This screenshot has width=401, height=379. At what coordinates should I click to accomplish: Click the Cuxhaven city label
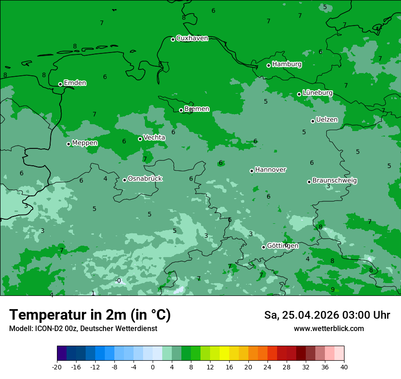(192, 38)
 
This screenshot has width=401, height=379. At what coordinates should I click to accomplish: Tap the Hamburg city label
(287, 64)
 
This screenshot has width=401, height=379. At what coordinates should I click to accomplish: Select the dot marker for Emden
(60, 84)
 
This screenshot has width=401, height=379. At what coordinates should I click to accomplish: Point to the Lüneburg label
(317, 93)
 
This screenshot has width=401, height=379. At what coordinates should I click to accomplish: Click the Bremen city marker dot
(181, 110)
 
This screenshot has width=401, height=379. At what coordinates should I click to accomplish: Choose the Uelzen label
(327, 120)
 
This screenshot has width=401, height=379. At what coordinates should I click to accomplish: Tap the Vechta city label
(154, 137)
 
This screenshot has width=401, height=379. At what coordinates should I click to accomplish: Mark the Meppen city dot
(68, 144)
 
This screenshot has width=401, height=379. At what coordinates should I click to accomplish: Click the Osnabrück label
(145, 179)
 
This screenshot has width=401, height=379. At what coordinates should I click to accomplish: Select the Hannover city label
(270, 170)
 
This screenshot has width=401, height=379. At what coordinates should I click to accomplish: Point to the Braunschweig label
(334, 181)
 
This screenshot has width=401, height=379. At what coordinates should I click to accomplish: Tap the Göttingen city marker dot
(263, 247)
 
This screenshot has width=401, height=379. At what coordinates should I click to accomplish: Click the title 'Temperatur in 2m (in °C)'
(90, 315)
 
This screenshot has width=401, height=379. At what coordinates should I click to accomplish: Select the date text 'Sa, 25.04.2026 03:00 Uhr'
(327, 315)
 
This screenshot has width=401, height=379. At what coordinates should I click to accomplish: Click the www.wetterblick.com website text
(329, 329)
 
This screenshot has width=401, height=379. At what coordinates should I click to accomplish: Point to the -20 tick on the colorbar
(57, 367)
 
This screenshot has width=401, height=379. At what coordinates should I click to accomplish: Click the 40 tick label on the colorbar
(344, 367)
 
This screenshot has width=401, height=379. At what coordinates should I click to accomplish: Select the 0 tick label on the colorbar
(153, 367)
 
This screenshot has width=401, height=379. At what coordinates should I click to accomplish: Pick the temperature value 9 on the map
(332, 290)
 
